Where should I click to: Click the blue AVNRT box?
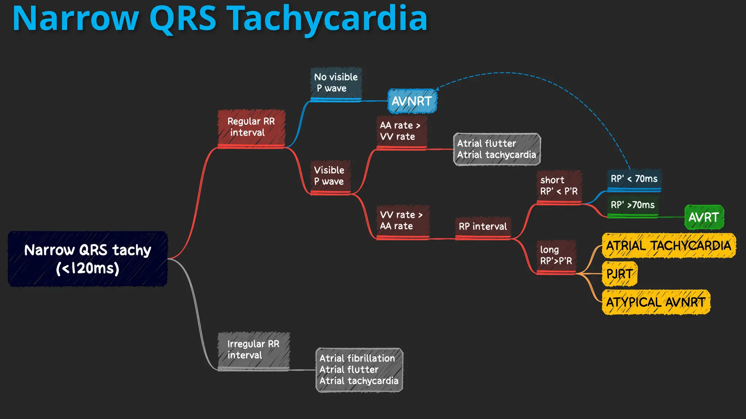pyautogui.click(x=412, y=101)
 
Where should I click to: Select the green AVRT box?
pyautogui.click(x=704, y=217)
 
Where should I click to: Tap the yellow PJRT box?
pyautogui.click(x=619, y=274)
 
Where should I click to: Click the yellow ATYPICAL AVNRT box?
pyautogui.click(x=656, y=302)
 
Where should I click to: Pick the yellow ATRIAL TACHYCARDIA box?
pyautogui.click(x=668, y=246)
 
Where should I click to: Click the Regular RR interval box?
pyautogui.click(x=251, y=127)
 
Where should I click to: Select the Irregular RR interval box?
pyautogui.click(x=254, y=350)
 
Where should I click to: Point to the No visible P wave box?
pyautogui.click(x=336, y=83)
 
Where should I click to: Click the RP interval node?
pyautogui.click(x=483, y=227)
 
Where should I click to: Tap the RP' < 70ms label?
pyautogui.click(x=634, y=179)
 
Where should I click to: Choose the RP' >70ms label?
pyautogui.click(x=633, y=205)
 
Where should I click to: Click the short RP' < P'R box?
pyautogui.click(x=559, y=186)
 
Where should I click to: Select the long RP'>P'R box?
pyautogui.click(x=556, y=255)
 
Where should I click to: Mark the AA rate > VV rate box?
pyautogui.click(x=401, y=131)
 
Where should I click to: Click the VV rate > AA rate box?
pyautogui.click(x=402, y=220)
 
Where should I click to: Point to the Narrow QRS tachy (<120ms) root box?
pyautogui.click(x=87, y=259)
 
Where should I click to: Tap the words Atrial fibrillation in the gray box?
pyautogui.click(x=357, y=358)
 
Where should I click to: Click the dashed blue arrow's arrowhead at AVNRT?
pyautogui.click(x=437, y=88)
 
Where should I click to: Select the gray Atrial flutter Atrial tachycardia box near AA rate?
pyautogui.click(x=496, y=149)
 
